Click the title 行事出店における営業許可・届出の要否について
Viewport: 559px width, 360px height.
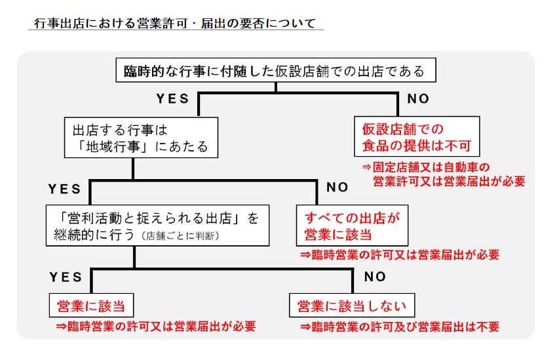pos(175,24)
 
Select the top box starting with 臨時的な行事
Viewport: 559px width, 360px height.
pos(276,70)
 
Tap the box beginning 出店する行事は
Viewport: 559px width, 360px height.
pos(141,138)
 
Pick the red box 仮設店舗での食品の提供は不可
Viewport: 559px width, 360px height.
pos(417,136)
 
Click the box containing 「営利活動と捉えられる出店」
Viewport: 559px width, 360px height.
pos(157,226)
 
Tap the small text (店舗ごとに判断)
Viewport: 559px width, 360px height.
pos(180,236)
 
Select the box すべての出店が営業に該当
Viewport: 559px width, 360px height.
pos(352,226)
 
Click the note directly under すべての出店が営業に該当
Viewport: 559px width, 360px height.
pos(400,254)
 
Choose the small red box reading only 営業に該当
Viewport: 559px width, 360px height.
pos(91,306)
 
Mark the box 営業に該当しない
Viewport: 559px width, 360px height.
pos(352,306)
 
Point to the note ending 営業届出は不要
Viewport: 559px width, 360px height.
pos(400,327)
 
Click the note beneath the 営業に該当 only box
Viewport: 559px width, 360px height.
pos(156,327)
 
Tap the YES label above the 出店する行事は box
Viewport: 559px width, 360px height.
pos(172,99)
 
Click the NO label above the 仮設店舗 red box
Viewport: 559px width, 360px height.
pos(418,99)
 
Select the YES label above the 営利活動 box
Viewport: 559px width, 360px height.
pos(64,189)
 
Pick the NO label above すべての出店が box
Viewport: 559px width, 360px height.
pos(337,188)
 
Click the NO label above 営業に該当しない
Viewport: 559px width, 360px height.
pos(375,277)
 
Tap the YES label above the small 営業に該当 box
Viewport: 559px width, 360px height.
pos(66,277)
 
